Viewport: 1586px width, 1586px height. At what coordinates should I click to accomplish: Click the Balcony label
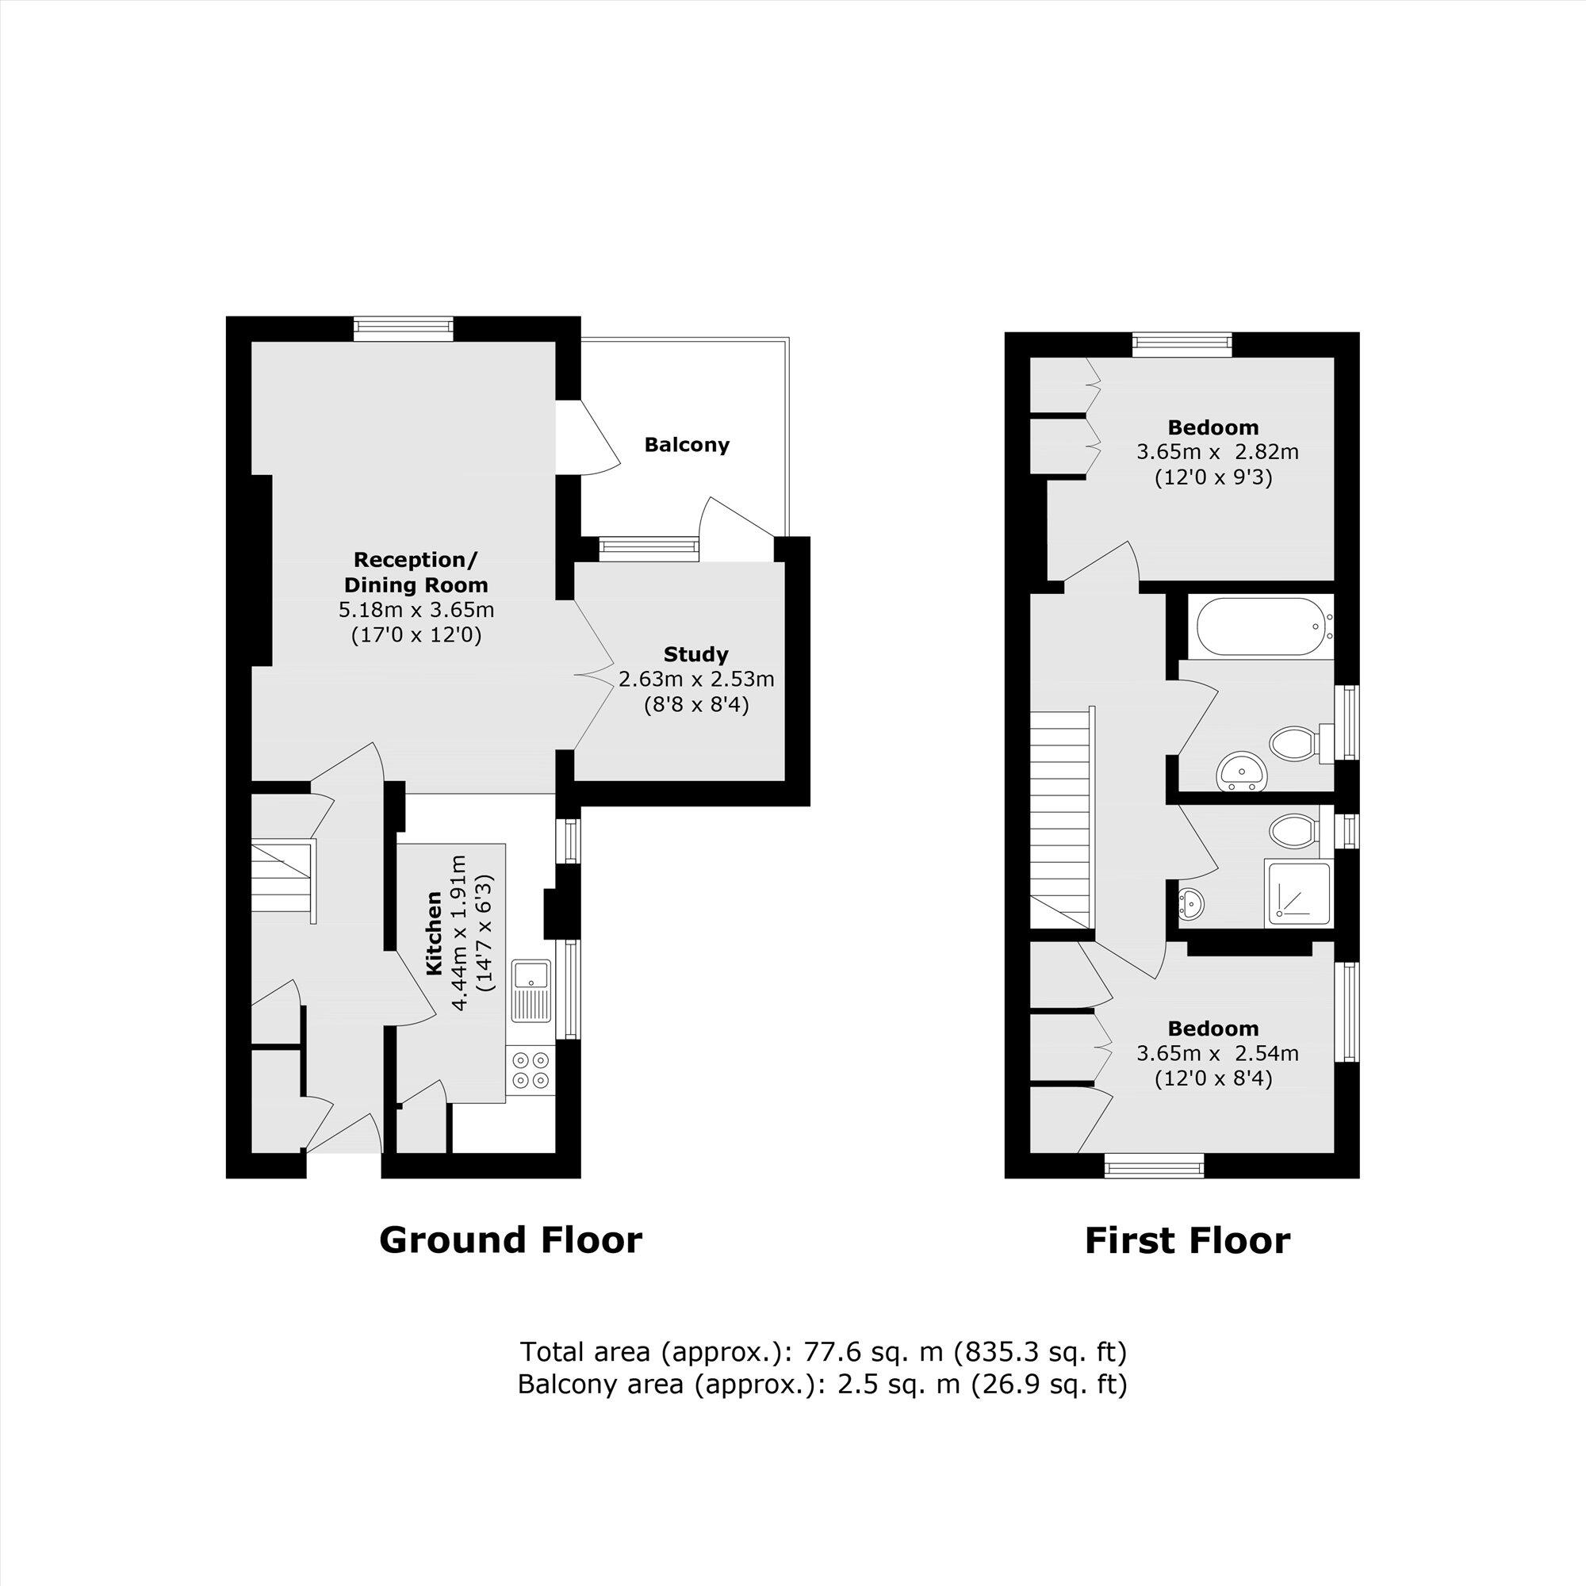[x=686, y=445]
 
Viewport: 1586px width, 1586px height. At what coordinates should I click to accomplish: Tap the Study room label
[x=695, y=654]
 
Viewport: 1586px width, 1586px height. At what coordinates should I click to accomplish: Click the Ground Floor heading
[x=510, y=1240]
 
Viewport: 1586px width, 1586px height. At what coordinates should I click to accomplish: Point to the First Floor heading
[x=1187, y=1240]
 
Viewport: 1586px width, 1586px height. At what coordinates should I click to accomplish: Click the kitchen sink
[x=531, y=989]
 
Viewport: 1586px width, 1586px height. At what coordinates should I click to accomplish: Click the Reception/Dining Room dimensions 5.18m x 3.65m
[x=416, y=610]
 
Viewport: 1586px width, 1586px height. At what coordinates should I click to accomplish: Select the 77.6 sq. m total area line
[x=822, y=1351]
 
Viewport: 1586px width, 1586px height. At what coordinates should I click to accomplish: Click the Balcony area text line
[x=822, y=1385]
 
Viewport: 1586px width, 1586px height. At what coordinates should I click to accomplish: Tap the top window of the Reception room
[x=403, y=328]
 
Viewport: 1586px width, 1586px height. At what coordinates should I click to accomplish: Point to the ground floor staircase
[x=282, y=880]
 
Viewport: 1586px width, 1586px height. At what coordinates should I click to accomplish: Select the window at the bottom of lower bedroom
[x=1153, y=1165]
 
